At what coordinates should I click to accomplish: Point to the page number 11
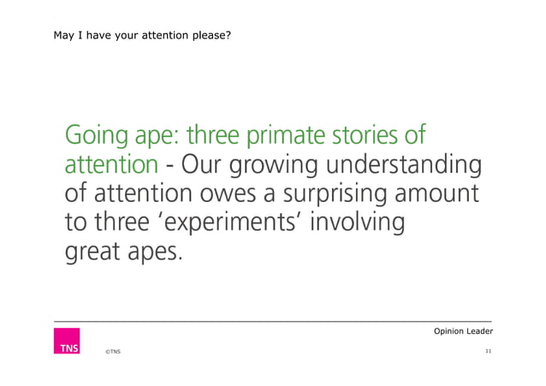(x=488, y=352)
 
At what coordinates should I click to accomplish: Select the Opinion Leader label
(x=464, y=331)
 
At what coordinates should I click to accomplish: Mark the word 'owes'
(x=230, y=195)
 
